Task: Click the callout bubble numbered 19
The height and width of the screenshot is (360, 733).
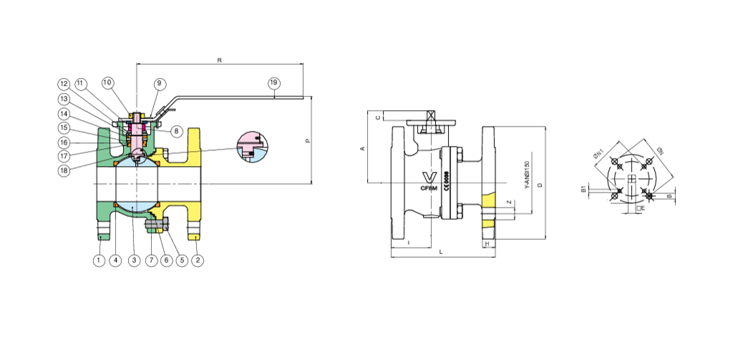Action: (x=273, y=83)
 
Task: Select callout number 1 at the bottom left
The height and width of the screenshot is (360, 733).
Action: (x=99, y=261)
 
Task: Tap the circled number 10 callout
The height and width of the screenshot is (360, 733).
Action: (x=107, y=83)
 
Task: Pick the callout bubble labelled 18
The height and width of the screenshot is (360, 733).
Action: (x=64, y=171)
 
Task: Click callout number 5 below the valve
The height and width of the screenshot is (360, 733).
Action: (x=182, y=261)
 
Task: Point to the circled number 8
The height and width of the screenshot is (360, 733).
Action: (x=176, y=131)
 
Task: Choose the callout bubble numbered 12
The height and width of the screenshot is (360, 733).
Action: (x=64, y=83)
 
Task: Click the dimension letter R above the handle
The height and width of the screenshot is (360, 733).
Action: (x=219, y=61)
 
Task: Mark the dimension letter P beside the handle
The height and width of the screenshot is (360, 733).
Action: (x=308, y=141)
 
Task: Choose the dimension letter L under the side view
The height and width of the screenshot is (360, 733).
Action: (x=441, y=253)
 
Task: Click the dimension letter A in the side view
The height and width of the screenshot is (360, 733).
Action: (x=362, y=148)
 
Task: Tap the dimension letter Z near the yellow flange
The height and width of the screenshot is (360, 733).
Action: (x=508, y=203)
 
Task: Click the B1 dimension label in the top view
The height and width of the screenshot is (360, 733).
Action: (x=583, y=190)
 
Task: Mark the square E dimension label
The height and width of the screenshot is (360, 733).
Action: (x=641, y=208)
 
